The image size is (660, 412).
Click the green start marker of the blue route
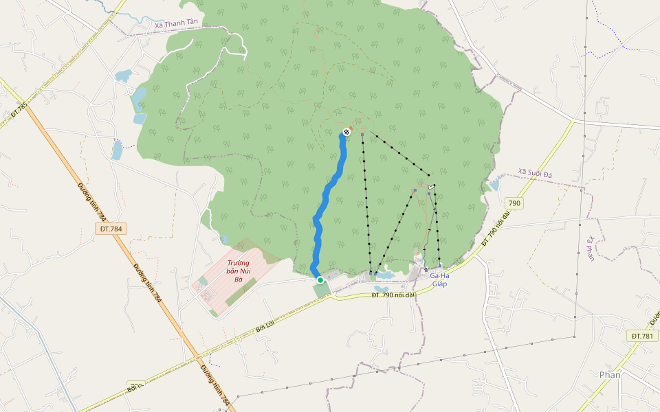(x=320, y=280)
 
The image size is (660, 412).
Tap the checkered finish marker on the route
(x=346, y=131)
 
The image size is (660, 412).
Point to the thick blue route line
(x=323, y=206)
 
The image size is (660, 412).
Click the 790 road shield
(x=514, y=203)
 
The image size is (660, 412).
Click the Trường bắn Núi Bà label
(x=239, y=271)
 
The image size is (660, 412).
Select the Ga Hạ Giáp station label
(x=439, y=279)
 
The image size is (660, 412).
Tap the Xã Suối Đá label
(x=535, y=175)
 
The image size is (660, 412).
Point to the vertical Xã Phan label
(x=590, y=249)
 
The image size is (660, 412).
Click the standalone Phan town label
(x=609, y=374)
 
